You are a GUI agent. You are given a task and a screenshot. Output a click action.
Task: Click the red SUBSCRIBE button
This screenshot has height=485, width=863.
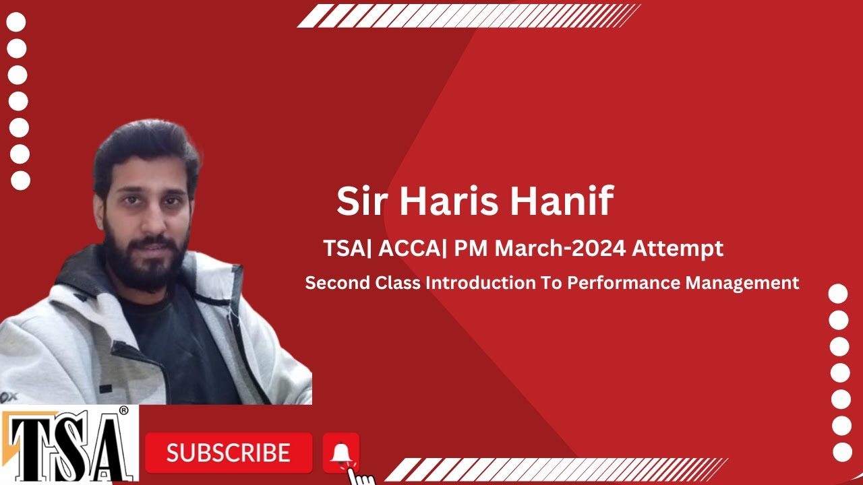point(229,452)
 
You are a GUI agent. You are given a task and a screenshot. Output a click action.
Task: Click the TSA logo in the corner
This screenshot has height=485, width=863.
point(67,445)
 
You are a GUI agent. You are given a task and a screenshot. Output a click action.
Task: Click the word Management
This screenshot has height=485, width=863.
point(742,283)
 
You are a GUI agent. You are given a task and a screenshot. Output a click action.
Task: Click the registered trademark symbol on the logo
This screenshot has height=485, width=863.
point(123,410)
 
